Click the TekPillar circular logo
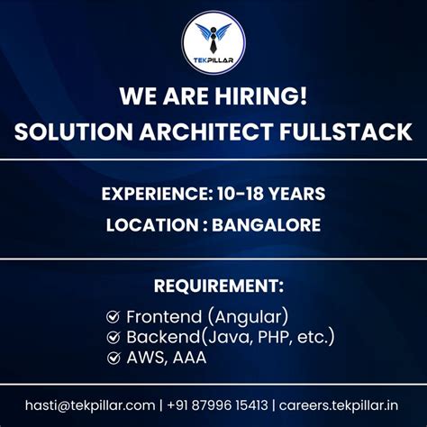coord(213,41)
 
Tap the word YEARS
coord(298,193)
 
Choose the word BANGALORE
coord(266,225)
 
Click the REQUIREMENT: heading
coord(213,286)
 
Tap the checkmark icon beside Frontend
coord(114,317)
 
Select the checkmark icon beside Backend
coord(114,338)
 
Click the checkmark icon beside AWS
coord(114,359)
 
